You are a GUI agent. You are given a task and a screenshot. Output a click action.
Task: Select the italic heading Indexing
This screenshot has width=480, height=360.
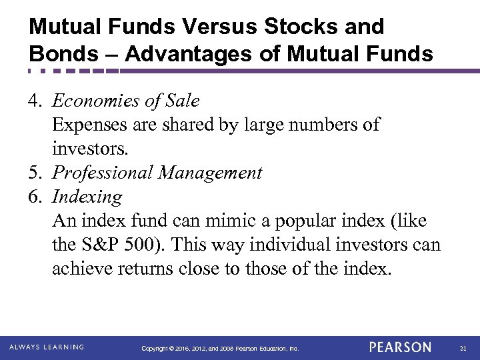87,197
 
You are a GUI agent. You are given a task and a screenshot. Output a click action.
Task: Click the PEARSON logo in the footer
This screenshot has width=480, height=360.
401,347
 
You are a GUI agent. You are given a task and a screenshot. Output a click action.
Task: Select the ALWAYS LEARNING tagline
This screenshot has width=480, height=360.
46,347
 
